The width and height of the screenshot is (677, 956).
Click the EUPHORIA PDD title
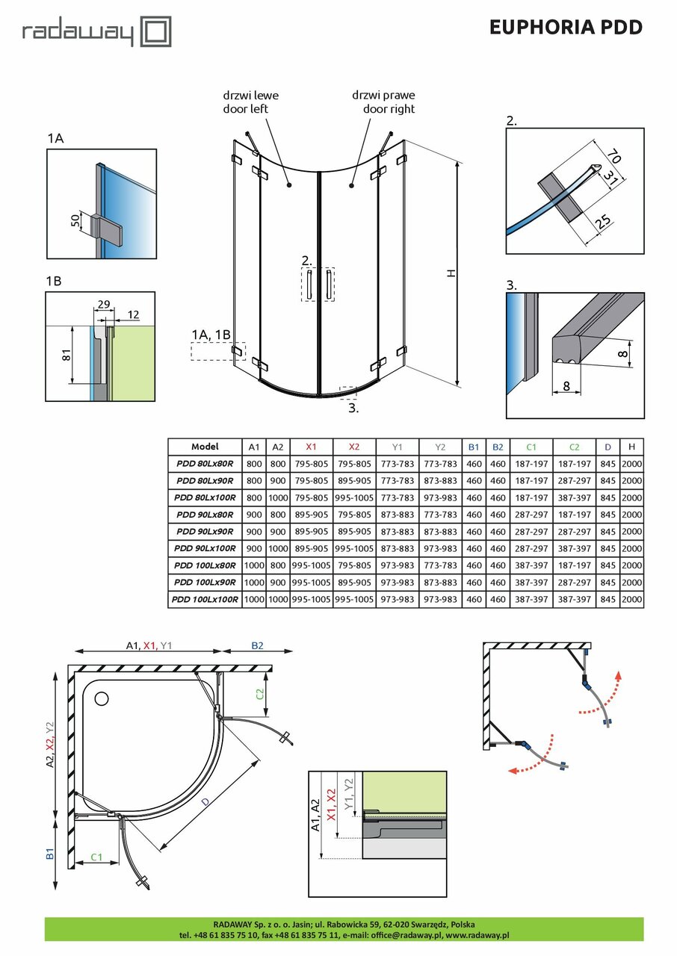[x=566, y=28]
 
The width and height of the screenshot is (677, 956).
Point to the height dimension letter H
[x=450, y=274]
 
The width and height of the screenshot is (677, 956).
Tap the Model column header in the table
[x=205, y=447]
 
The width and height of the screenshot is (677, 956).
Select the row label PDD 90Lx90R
[x=205, y=532]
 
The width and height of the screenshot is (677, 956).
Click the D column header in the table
[x=608, y=447]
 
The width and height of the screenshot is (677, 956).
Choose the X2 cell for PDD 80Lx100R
[x=353, y=497]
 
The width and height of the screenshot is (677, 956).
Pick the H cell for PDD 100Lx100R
[x=632, y=599]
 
